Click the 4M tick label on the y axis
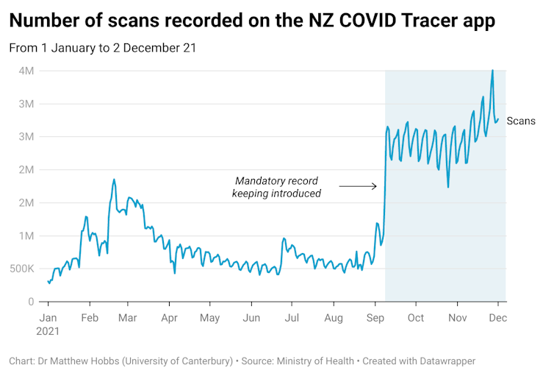(26, 71)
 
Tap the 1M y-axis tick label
(26, 235)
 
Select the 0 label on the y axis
(31, 302)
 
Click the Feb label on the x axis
(90, 318)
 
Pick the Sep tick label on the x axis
(375, 318)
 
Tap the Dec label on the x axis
(497, 318)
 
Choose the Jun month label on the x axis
(251, 318)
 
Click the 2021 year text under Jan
(48, 331)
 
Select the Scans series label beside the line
(521, 121)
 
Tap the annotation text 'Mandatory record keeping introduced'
(276, 187)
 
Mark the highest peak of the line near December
(492, 71)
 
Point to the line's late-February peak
(114, 179)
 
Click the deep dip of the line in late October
(447, 187)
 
